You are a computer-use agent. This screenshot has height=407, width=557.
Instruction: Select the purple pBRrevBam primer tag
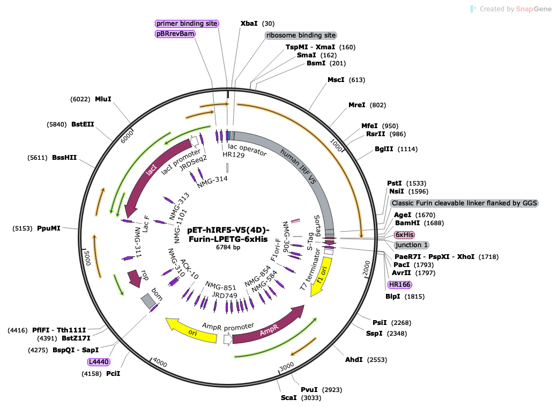pyautogui.click(x=175, y=34)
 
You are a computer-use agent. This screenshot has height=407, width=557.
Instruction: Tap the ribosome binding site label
pyautogui.click(x=301, y=35)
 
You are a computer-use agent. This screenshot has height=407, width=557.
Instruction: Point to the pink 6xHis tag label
pyautogui.click(x=405, y=235)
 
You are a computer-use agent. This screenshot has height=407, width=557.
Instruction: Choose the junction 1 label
pyautogui.click(x=412, y=245)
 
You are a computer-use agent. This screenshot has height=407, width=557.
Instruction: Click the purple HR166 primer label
pyautogui.click(x=399, y=284)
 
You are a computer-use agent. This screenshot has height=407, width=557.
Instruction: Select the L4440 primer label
pyautogui.click(x=99, y=362)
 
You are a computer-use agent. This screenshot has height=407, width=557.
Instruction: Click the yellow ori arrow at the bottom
pyautogui.click(x=192, y=330)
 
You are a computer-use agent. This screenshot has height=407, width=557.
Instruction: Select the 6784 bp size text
pyautogui.click(x=228, y=247)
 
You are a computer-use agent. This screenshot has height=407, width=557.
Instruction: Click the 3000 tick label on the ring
pyautogui.click(x=287, y=366)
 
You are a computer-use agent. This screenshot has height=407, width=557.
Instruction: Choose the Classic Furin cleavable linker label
pyautogui.click(x=464, y=203)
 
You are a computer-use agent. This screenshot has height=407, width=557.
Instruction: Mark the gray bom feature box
pyautogui.click(x=148, y=301)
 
